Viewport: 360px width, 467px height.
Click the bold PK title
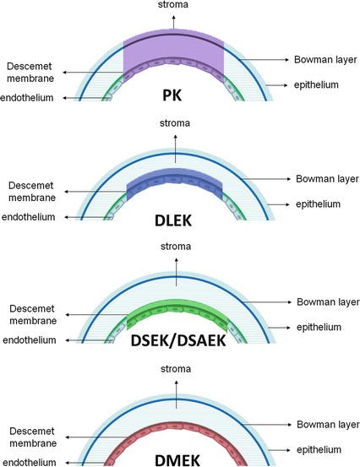pos(172,95)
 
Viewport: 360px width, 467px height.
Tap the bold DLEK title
pos(173,220)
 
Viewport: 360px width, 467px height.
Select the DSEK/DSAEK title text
pos(178,341)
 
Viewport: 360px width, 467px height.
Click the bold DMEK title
pos(177,460)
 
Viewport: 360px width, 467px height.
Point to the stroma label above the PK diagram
pos(173,4)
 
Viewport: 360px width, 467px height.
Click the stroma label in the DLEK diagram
pos(175,123)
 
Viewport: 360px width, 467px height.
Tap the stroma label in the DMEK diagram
pos(176,369)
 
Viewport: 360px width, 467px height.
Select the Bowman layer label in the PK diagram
pos(325,60)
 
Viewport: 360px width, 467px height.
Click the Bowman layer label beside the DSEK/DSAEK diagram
pos(328,302)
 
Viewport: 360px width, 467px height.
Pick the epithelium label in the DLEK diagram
pos(318,204)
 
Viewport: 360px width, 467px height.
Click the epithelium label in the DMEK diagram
pos(319,449)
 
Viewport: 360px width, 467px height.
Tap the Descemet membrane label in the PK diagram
pos(30,73)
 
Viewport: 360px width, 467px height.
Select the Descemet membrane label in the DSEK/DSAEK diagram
pos(33,315)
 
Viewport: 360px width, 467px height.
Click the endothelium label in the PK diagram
pos(27,98)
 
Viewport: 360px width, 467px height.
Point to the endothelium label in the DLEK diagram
pos(29,217)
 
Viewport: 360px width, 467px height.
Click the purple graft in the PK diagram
pos(173,47)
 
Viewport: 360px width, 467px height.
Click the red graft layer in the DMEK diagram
pos(177,428)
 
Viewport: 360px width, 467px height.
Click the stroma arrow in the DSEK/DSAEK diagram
pos(177,272)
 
